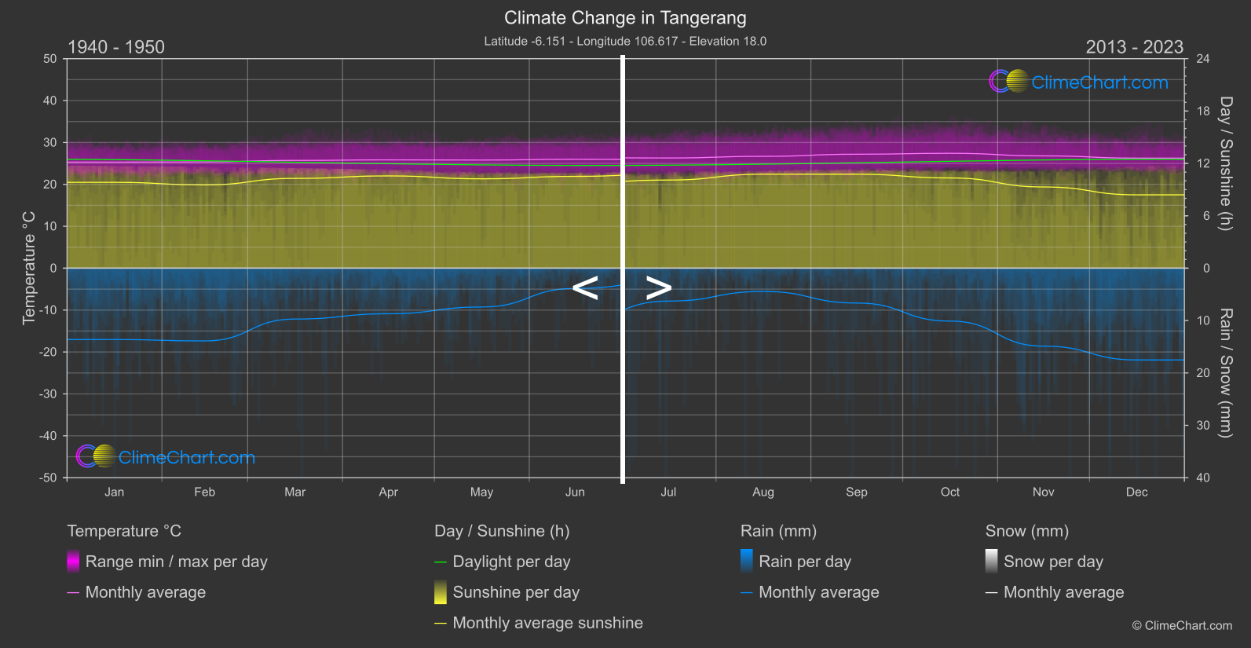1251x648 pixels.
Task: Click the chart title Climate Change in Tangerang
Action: (625, 18)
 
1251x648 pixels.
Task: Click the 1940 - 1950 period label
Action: (116, 47)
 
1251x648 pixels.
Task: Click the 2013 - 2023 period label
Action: (1134, 47)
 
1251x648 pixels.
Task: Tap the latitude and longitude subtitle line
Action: (625, 41)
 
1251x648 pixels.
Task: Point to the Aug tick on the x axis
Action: (763, 492)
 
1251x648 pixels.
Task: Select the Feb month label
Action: (204, 492)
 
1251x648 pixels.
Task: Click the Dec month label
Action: (1136, 492)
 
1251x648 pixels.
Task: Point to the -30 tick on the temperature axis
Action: (49, 394)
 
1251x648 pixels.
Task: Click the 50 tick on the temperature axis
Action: (50, 59)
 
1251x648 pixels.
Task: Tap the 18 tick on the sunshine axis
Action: (1203, 112)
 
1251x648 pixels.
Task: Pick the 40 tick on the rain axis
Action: (1203, 478)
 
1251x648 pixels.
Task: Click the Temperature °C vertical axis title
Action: (29, 268)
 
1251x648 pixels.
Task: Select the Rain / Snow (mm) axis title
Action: (1225, 372)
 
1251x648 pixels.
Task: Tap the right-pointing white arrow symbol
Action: (658, 288)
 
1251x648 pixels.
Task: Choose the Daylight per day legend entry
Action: (511, 562)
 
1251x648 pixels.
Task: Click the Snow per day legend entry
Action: (1053, 562)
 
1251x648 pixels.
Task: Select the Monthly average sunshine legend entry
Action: (547, 623)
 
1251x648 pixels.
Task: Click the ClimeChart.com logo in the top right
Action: (1079, 82)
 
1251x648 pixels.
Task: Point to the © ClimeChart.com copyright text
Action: (1182, 626)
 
